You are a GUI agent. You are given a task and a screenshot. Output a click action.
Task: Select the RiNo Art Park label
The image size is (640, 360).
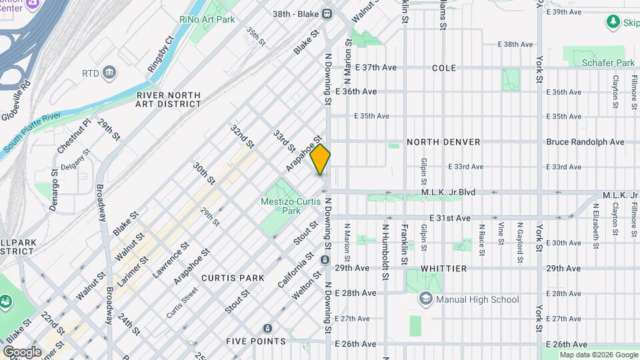(x=207, y=19)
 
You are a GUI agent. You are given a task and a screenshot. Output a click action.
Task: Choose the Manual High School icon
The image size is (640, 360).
(x=425, y=299)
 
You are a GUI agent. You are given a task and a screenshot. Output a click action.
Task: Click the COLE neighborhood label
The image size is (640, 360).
(x=443, y=68)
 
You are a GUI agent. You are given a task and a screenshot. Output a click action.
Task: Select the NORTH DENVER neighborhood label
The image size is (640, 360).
(x=443, y=142)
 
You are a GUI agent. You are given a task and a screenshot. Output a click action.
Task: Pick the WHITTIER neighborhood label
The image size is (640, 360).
(x=445, y=268)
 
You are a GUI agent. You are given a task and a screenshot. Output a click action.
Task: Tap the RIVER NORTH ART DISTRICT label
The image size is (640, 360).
(x=168, y=99)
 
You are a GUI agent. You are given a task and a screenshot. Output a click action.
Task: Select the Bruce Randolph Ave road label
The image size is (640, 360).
(x=585, y=142)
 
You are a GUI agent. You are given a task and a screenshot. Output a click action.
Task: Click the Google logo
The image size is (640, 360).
(x=22, y=351)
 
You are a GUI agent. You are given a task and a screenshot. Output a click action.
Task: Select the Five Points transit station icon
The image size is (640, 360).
(x=267, y=329)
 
